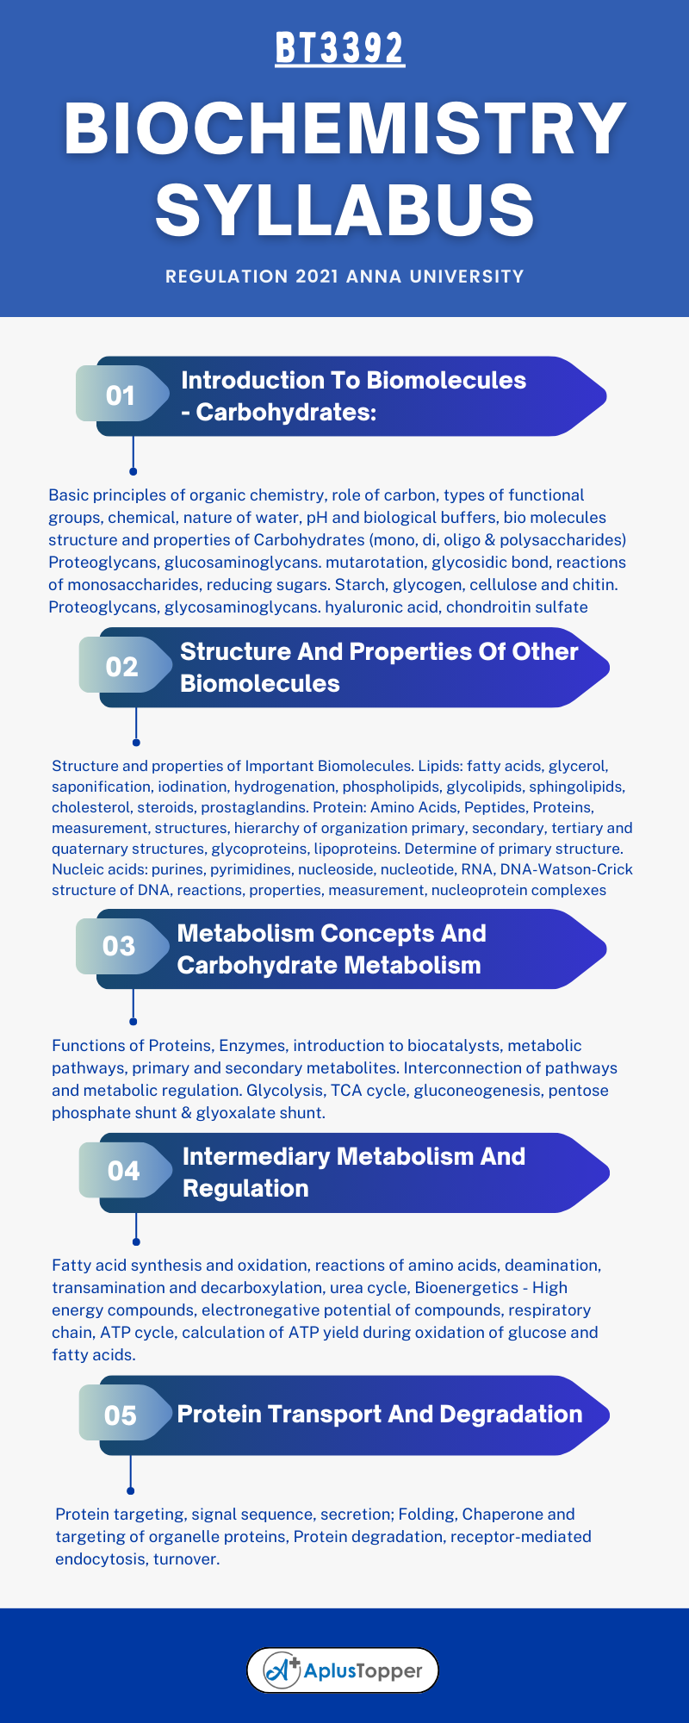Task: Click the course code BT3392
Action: pyautogui.click(x=340, y=49)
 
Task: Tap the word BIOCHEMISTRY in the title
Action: pyautogui.click(x=344, y=128)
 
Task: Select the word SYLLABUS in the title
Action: pyautogui.click(x=344, y=209)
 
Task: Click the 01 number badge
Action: pyautogui.click(x=121, y=395)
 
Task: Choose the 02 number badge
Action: pyautogui.click(x=122, y=667)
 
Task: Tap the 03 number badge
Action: pyautogui.click(x=119, y=946)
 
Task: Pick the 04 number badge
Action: pyautogui.click(x=123, y=1171)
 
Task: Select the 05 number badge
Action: pyautogui.click(x=121, y=1415)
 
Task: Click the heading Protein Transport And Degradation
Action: pyautogui.click(x=380, y=1415)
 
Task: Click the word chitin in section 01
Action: pyautogui.click(x=593, y=585)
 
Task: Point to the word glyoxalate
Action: pyautogui.click(x=259, y=1113)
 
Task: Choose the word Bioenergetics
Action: pyautogui.click(x=466, y=1288)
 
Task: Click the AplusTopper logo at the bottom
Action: pyautogui.click(x=343, y=1671)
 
